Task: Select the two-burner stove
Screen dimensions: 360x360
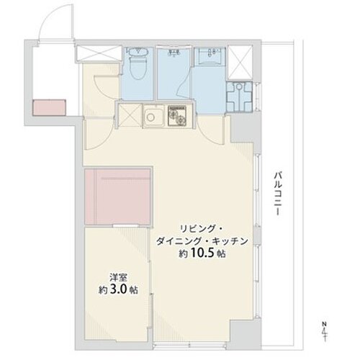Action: [x=177, y=116]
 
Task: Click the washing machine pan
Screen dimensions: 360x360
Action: [x=239, y=96]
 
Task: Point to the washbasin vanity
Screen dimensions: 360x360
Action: [x=210, y=56]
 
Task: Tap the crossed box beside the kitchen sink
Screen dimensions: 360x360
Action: [x=130, y=115]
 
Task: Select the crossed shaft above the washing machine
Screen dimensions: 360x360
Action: [x=240, y=62]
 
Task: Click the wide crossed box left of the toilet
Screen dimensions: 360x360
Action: [x=99, y=53]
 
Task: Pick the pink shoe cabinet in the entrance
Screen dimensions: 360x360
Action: [x=49, y=107]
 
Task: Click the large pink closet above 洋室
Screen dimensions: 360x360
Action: [x=117, y=197]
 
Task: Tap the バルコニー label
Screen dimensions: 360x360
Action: [x=278, y=194]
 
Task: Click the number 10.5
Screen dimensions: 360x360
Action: [x=202, y=253]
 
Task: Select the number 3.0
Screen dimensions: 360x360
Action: [x=118, y=289]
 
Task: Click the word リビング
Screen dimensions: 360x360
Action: [x=197, y=229]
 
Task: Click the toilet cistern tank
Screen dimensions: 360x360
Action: [x=136, y=51]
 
